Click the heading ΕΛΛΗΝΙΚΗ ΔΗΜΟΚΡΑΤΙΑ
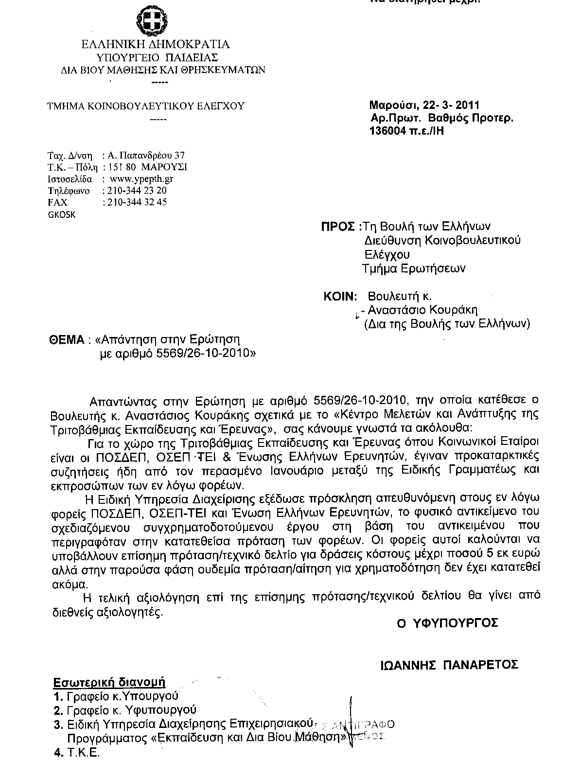pos(155,44)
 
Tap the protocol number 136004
pos(387,130)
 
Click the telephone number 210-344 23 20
pos(135,190)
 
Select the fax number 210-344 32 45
pos(135,202)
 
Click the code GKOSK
pos(62,214)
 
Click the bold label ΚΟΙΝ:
pos(340,296)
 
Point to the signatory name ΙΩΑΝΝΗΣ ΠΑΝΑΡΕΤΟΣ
pos(449,664)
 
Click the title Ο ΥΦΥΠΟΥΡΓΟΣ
pos(447,623)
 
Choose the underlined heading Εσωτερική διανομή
pos(110,682)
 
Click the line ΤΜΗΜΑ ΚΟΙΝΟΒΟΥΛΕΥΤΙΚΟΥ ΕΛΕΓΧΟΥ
pos(145,106)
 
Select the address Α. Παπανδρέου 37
pos(145,156)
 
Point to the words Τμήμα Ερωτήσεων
pos(414,268)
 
